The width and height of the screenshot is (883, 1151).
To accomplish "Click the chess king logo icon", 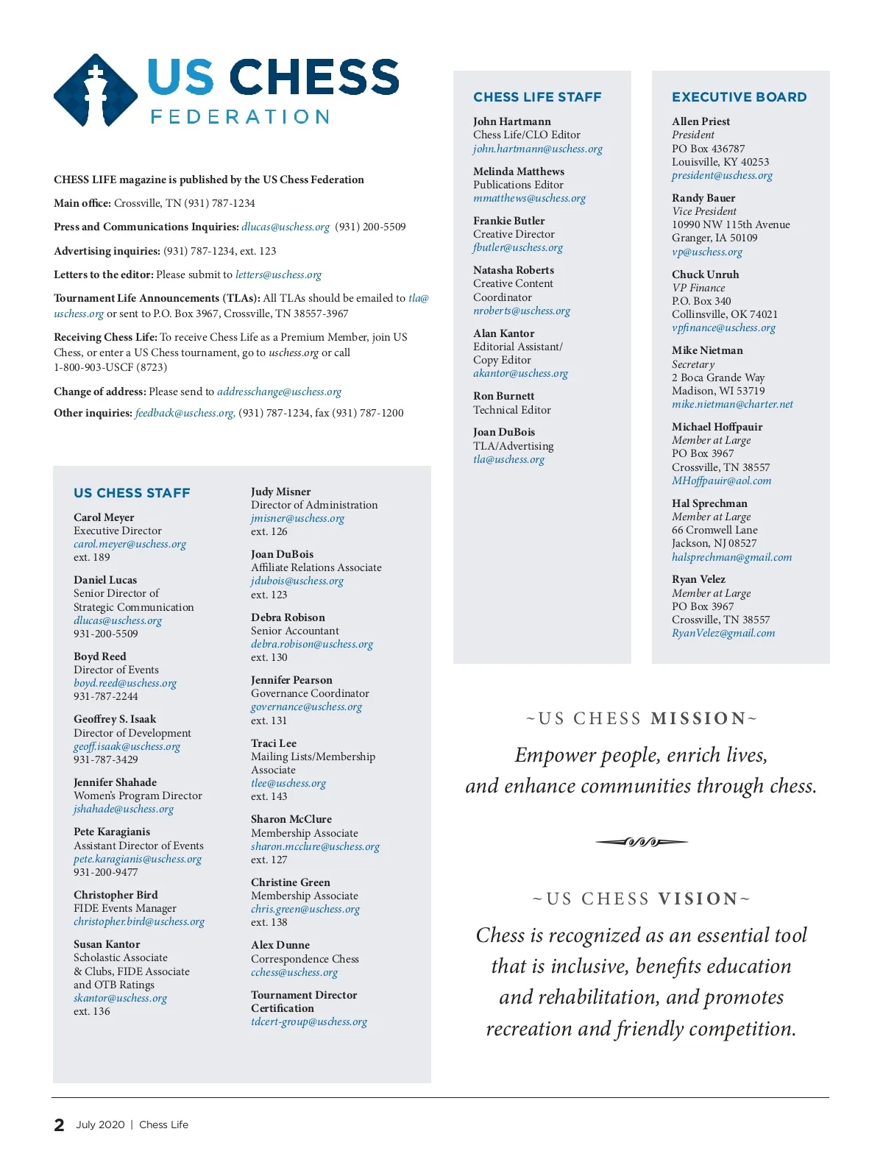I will pos(95,91).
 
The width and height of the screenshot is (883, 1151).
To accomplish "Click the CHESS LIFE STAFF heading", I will pos(537,97).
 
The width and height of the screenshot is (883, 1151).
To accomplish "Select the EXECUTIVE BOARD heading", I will pos(739,97).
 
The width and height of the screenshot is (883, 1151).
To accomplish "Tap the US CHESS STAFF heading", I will pos(132,493).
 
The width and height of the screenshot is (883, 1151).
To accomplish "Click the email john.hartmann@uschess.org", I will pos(537,149).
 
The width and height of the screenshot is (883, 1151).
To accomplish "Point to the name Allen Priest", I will pos(701,121).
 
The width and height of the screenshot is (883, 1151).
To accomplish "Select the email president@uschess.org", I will pos(722,175).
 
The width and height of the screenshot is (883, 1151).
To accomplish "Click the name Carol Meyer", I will pos(104,517).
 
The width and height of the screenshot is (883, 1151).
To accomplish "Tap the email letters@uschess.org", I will pos(278,275).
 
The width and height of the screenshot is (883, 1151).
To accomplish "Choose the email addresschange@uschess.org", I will pos(279,392).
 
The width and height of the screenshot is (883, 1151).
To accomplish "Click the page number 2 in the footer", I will pos(59,1125).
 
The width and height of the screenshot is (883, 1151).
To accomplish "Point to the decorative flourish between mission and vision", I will pos(642,842).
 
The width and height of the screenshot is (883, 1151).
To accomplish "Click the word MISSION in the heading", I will pos(698,718).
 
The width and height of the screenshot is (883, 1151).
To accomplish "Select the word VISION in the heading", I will pos(698,899).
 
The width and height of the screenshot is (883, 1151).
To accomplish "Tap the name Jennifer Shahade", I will pos(115,782).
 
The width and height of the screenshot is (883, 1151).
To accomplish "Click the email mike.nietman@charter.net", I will pos(732,404).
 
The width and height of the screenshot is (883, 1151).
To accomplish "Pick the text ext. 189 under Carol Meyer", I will pos(91,557).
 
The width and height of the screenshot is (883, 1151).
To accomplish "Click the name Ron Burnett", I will pos(503,396).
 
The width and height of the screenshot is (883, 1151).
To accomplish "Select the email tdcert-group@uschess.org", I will pos(308,1021).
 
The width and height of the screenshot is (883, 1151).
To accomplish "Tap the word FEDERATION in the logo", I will pos(240,117).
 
